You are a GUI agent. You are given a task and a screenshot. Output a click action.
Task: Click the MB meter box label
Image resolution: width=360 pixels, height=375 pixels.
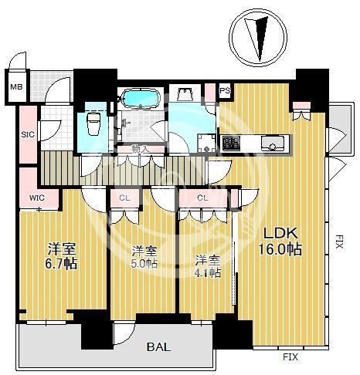(x=16, y=87)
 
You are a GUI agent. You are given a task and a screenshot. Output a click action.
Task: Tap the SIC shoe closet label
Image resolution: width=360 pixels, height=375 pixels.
(x=28, y=134)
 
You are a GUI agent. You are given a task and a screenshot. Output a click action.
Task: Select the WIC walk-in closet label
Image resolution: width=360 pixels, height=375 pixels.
(x=37, y=198)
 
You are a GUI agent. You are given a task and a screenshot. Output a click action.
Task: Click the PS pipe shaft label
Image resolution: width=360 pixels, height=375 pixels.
(x=225, y=90)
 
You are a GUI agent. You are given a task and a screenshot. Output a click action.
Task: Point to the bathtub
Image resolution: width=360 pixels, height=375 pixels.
(x=141, y=98)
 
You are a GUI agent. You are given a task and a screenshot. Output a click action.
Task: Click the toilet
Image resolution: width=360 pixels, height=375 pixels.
(x=93, y=123)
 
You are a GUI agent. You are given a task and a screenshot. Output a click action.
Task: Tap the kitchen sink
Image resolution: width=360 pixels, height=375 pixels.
(x=273, y=144)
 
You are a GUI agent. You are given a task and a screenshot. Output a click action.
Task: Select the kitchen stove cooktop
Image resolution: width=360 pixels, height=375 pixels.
(x=231, y=143)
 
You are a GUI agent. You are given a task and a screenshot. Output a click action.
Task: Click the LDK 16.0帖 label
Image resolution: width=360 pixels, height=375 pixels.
(x=280, y=242)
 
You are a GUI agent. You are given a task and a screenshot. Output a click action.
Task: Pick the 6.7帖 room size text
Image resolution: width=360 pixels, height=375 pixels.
(x=61, y=263)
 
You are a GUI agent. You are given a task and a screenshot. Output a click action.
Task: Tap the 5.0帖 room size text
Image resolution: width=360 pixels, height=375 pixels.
(x=144, y=264)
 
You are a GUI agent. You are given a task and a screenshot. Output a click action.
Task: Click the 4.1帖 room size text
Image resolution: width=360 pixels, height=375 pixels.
(x=208, y=272)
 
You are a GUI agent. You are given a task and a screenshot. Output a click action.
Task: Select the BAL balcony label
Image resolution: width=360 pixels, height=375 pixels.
(x=158, y=347)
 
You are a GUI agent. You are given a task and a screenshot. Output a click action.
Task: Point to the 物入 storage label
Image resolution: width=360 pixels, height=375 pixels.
(x=139, y=148)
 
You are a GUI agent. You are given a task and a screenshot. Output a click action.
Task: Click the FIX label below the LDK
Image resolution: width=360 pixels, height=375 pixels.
(x=290, y=357)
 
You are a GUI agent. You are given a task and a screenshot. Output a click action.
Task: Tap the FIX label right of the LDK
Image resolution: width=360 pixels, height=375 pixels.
(x=339, y=242)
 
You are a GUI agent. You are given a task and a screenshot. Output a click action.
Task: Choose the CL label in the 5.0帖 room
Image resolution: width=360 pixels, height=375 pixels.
(x=124, y=198)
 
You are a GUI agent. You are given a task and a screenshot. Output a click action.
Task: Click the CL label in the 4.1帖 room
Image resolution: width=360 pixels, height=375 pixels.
(x=202, y=198)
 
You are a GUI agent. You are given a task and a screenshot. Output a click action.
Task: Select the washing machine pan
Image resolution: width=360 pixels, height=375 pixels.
(x=206, y=144)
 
